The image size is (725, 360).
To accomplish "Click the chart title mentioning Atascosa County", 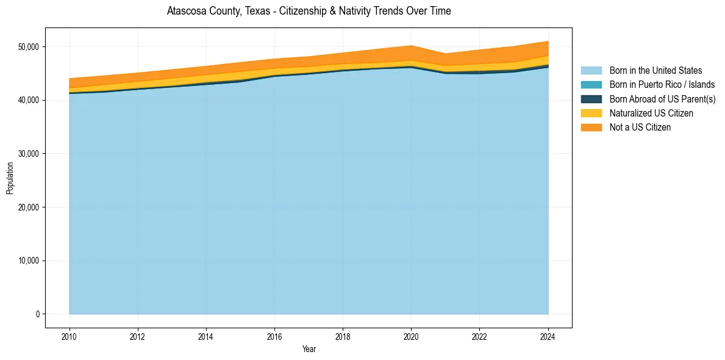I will click(309, 11).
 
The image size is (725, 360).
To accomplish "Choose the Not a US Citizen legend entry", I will click(640, 128).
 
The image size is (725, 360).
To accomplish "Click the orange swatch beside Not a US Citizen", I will click(591, 128).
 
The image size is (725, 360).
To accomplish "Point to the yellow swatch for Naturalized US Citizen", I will click(591, 113).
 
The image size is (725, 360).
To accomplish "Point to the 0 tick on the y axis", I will click(37, 314).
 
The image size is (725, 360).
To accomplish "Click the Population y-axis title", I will click(10, 178).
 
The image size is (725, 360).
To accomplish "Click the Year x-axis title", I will click(309, 349).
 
